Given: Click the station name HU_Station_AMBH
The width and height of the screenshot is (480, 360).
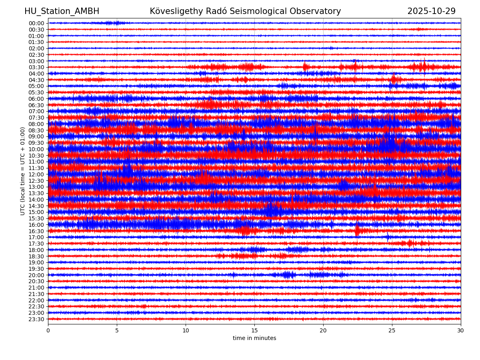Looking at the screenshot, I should (x=62, y=12).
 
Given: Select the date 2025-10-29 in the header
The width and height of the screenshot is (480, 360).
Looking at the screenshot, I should (x=431, y=12).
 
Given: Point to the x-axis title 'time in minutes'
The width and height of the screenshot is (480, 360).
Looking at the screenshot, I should (x=254, y=338).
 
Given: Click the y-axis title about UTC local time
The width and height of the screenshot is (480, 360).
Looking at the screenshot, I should (x=23, y=171).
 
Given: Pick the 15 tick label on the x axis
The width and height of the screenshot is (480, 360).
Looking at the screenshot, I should (x=254, y=330).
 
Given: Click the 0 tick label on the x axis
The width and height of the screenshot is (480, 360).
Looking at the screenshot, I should (x=48, y=330).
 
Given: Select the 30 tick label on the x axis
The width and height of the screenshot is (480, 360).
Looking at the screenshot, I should (x=461, y=330).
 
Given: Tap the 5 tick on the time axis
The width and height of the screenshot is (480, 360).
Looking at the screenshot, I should (x=117, y=330).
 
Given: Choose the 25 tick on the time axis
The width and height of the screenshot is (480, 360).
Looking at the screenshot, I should (x=392, y=330).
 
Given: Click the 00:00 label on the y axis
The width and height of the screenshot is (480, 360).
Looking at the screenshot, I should (x=36, y=23).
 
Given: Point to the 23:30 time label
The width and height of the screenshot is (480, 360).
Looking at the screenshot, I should (x=36, y=319).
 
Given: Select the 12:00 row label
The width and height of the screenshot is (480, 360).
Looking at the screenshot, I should (x=36, y=174).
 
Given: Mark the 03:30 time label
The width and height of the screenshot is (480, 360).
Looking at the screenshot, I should (x=36, y=67).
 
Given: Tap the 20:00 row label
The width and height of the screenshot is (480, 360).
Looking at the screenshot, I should (x=36, y=275).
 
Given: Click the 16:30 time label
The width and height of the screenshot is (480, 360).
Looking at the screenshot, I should (x=36, y=231).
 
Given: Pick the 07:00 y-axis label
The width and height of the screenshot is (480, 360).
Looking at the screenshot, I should (x=36, y=111).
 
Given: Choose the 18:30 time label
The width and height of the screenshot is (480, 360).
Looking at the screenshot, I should (x=36, y=256).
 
